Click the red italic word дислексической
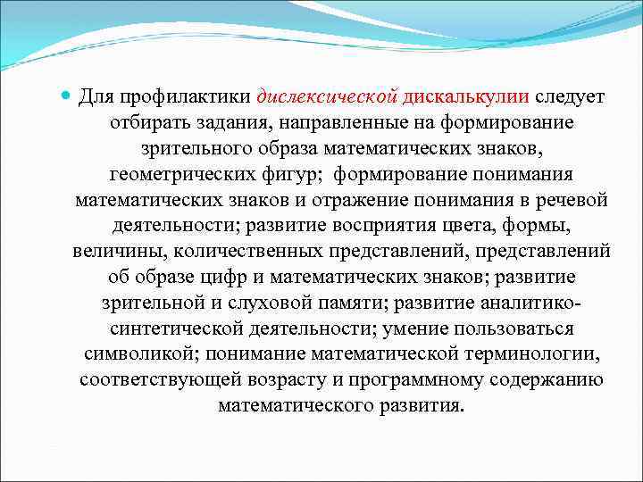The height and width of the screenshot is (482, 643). pyautogui.click(x=326, y=96)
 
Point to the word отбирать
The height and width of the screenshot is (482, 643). pyautogui.click(x=149, y=121)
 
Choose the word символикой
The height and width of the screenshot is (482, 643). pyautogui.click(x=135, y=354)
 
